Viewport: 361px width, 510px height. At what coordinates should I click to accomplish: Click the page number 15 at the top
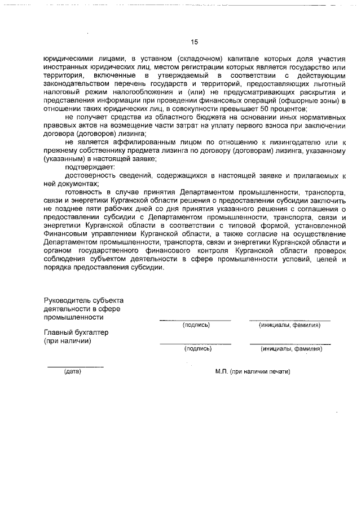click(x=195, y=42)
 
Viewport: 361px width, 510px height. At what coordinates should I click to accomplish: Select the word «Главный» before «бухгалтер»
click(x=59, y=332)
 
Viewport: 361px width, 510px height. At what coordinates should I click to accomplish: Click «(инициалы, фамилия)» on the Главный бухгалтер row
click(x=291, y=349)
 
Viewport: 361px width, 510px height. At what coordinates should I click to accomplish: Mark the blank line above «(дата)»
click(x=75, y=367)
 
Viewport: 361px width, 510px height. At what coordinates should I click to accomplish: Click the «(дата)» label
click(x=73, y=372)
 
